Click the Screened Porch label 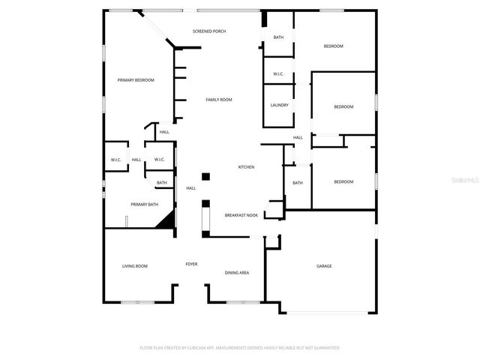209,31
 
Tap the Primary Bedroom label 136,80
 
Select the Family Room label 219,100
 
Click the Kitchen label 246,166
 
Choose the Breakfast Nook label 241,215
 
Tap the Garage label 324,266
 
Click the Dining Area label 237,273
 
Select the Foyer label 192,265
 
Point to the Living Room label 135,266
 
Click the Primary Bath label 144,205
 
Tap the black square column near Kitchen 205,177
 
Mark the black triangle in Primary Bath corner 166,219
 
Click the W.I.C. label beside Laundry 277,73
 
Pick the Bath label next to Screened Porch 278,37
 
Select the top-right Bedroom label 333,46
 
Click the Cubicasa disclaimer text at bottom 240,348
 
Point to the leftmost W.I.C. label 116,160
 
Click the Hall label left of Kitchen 190,188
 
